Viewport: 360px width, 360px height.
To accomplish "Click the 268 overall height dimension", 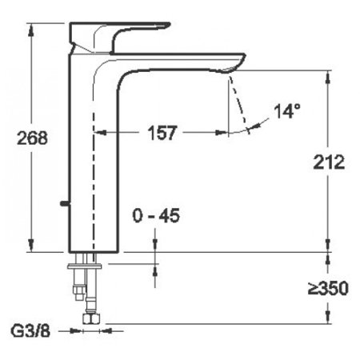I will [x=32, y=137].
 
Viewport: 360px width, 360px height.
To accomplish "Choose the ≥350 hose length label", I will [x=329, y=288].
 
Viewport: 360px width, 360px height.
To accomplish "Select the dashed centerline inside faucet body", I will [x=94, y=184].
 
